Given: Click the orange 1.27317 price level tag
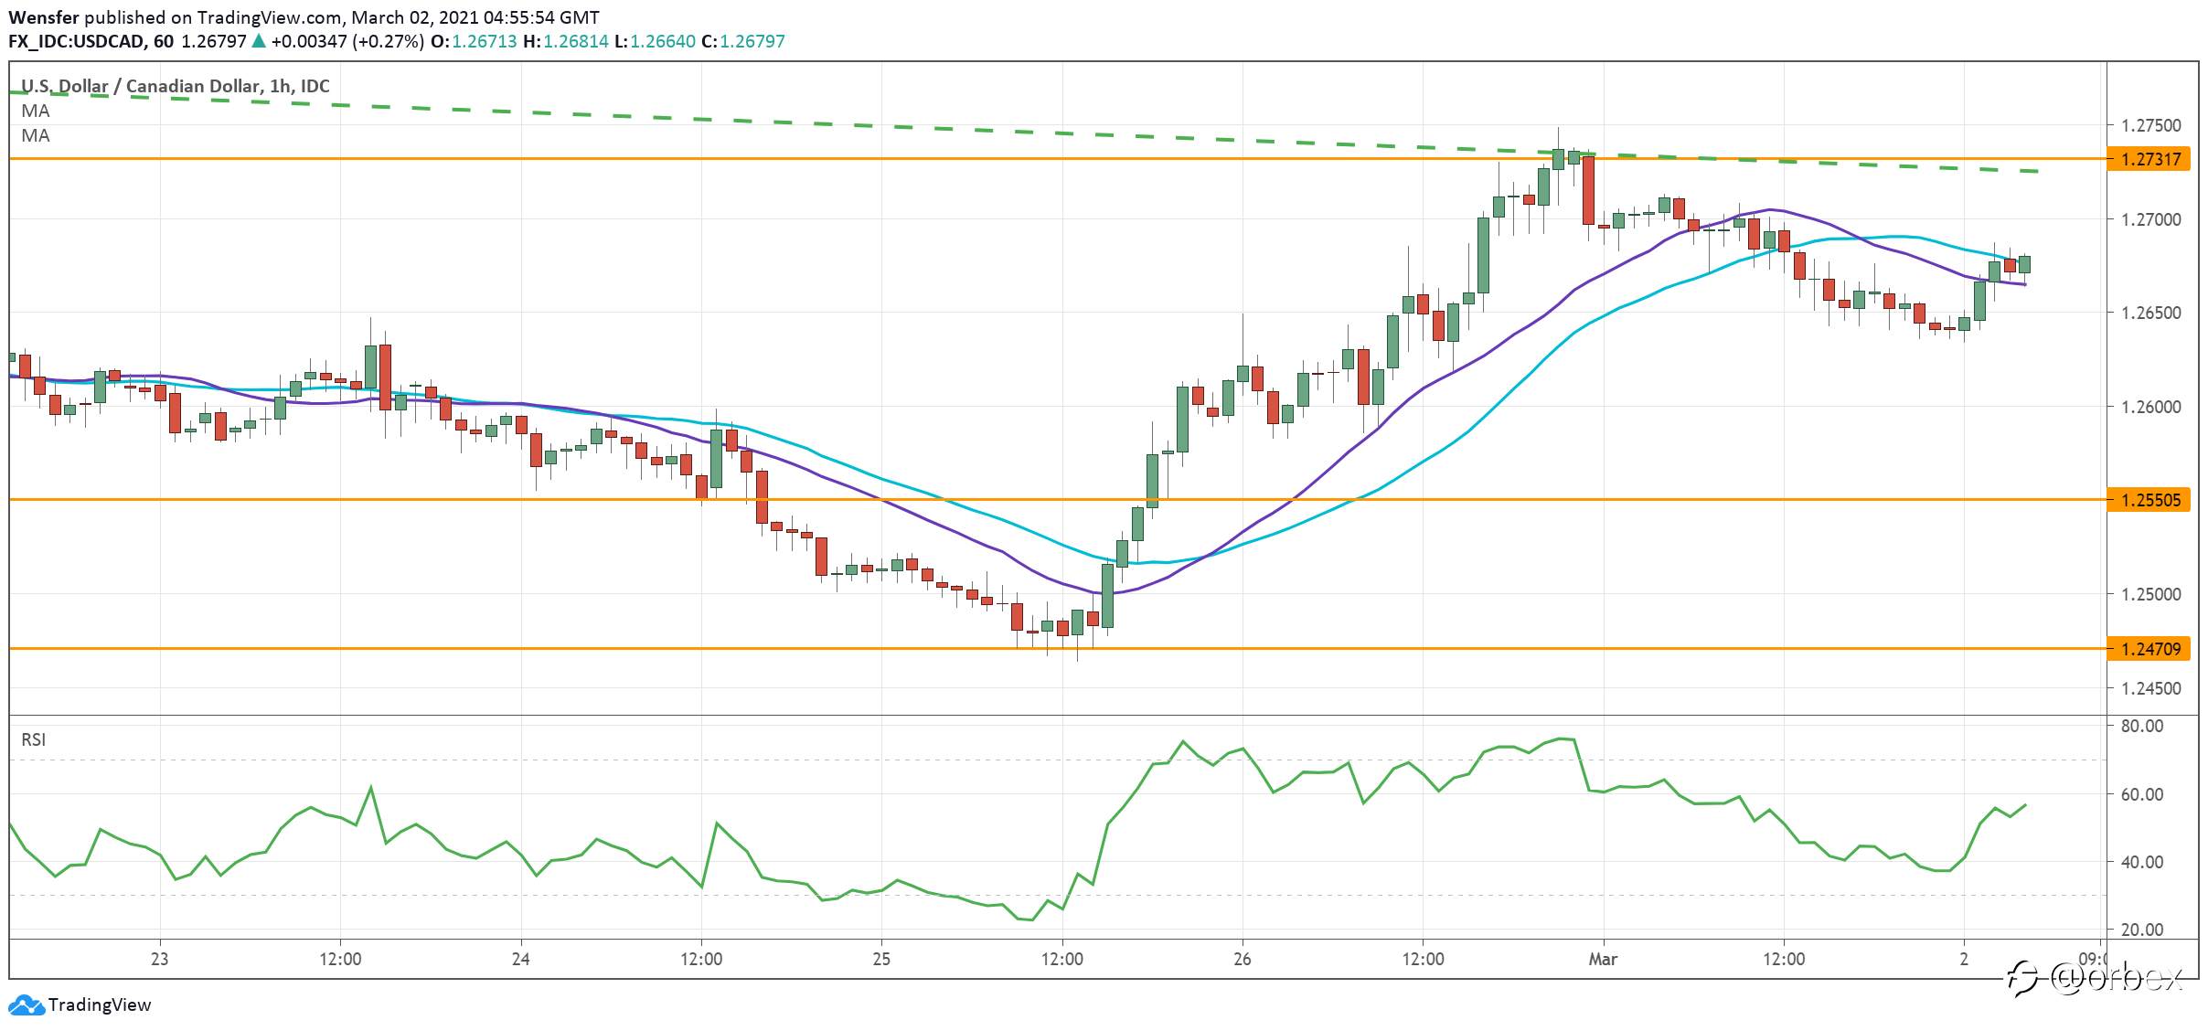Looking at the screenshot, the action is tap(2149, 159).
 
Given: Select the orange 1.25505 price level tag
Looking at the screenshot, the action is tap(2149, 500).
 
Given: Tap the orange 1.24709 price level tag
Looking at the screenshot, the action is tap(2149, 649).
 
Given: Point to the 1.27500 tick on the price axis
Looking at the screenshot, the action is tap(2149, 125).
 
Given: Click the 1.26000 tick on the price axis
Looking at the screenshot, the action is tap(2149, 407).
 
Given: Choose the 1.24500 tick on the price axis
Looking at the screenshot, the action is tap(2149, 688).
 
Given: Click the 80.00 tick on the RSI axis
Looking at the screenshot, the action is tap(2142, 726).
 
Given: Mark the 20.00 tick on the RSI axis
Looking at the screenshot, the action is tap(2142, 930).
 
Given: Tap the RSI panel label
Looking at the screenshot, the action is tap(34, 739).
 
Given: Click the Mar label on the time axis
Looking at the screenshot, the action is tap(1603, 959).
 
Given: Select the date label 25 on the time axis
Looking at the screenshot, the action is tap(881, 959).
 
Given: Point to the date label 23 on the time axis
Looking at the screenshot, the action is tap(160, 959).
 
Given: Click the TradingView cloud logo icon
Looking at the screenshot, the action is tap(27, 1005).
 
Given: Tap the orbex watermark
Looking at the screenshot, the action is tap(2096, 978).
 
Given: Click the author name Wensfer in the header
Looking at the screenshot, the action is tap(44, 17).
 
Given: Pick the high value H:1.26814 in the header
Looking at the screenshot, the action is tap(566, 41).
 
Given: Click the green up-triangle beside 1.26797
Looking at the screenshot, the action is tap(259, 41).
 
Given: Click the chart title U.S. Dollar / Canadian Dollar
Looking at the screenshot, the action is tap(140, 86).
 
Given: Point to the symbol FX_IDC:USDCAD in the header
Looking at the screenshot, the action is tap(77, 41).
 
